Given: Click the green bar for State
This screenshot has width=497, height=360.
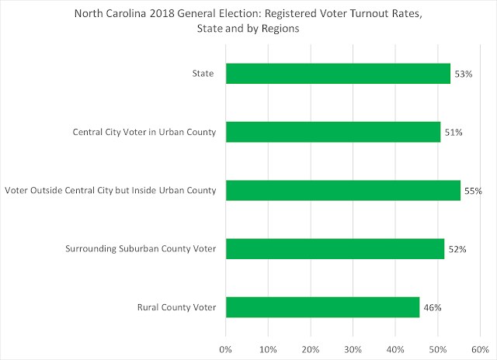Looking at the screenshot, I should (x=338, y=74).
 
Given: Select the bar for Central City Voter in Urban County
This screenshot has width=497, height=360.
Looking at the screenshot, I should (x=333, y=132).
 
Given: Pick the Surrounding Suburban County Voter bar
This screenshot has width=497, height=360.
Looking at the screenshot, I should (x=335, y=248).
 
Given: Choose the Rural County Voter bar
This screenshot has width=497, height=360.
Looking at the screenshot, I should (x=322, y=306).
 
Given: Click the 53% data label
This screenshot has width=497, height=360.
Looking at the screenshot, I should (x=463, y=74).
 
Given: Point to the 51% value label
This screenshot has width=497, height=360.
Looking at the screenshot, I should (x=454, y=132).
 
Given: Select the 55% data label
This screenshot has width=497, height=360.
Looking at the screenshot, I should (x=473, y=190).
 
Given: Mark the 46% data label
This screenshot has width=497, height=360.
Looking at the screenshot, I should (x=432, y=306).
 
